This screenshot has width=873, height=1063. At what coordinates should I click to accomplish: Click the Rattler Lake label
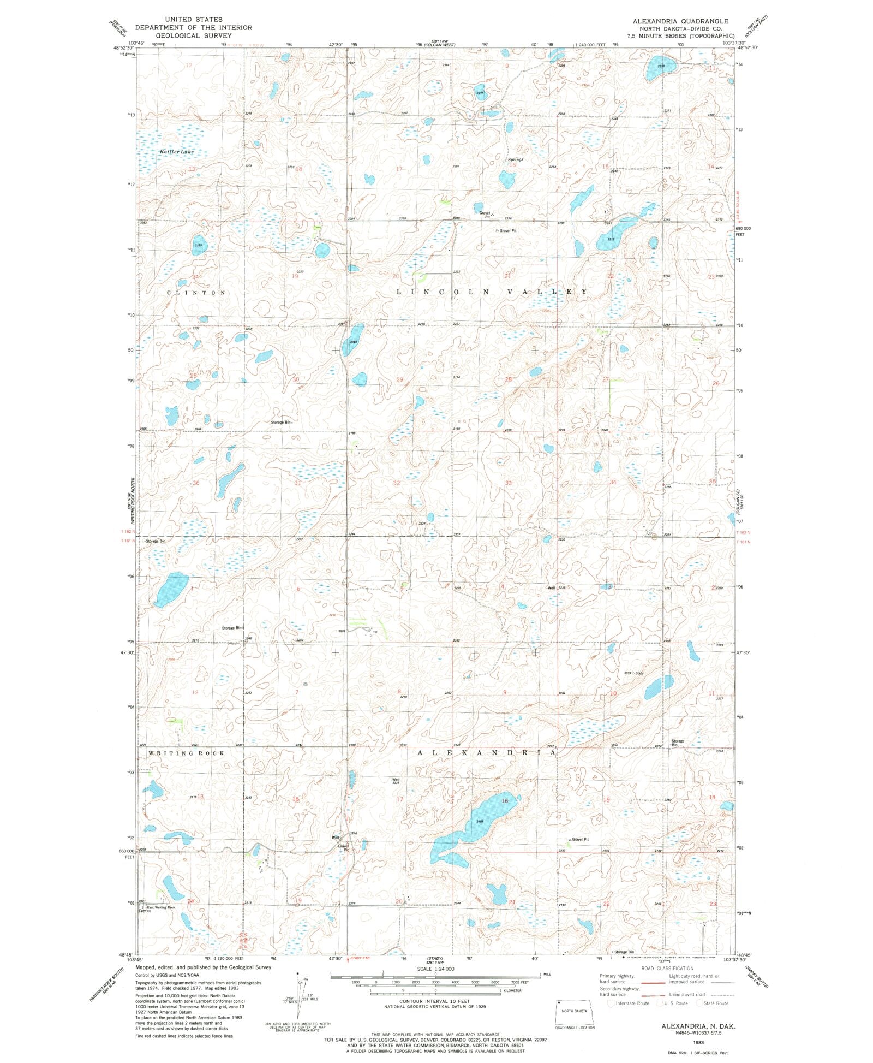pyautogui.click(x=176, y=151)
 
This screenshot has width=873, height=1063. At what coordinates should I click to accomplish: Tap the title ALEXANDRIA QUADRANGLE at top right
pyautogui.click(x=680, y=21)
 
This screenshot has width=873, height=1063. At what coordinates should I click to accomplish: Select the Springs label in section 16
pyautogui.click(x=515, y=159)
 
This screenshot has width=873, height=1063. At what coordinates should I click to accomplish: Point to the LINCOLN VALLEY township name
pyautogui.click(x=492, y=292)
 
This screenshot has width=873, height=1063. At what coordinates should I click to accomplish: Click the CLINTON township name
pyautogui.click(x=196, y=293)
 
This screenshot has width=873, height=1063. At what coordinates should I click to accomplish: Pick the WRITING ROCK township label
pyautogui.click(x=186, y=753)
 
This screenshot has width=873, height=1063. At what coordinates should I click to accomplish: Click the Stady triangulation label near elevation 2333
pyautogui.click(x=639, y=673)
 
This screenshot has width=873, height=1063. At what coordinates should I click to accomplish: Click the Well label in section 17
pyautogui.click(x=396, y=780)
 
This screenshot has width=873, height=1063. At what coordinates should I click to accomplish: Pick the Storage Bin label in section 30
pyautogui.click(x=282, y=423)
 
